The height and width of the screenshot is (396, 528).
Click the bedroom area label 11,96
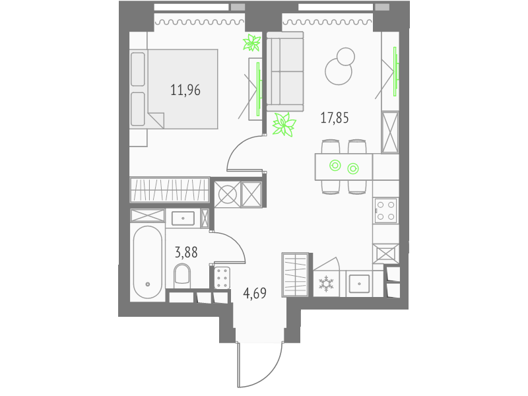pyautogui.click(x=185, y=90)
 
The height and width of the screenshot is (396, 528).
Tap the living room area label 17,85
pyautogui.click(x=335, y=118)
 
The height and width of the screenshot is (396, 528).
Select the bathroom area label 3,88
pyautogui.click(x=186, y=252)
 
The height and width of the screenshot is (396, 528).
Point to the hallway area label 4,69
pyautogui.click(x=255, y=293)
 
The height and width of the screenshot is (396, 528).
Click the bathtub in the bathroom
pyautogui.click(x=147, y=262)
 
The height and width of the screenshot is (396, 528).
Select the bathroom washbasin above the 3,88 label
pyautogui.click(x=183, y=218)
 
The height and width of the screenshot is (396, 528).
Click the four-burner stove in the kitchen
pyautogui.click(x=386, y=211)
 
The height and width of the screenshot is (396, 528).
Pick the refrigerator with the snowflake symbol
pyautogui.click(x=326, y=284)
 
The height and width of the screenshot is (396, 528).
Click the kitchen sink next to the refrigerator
pyautogui.click(x=359, y=284)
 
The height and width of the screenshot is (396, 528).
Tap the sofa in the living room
pyautogui.click(x=285, y=71)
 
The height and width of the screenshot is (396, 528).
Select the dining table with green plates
pyautogui.click(x=344, y=167)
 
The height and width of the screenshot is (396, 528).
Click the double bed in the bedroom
pyautogui.click(x=174, y=89)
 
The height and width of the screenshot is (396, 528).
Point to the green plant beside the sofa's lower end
pyautogui.click(x=284, y=124)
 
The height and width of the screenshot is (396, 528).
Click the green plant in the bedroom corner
pyautogui.click(x=252, y=42)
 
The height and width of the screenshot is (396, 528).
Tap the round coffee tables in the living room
pyautogui.click(x=340, y=66)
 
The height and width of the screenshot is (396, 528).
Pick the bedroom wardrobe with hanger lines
pyautogui.click(x=170, y=190)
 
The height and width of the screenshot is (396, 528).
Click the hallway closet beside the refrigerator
pyautogui.click(x=295, y=275)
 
